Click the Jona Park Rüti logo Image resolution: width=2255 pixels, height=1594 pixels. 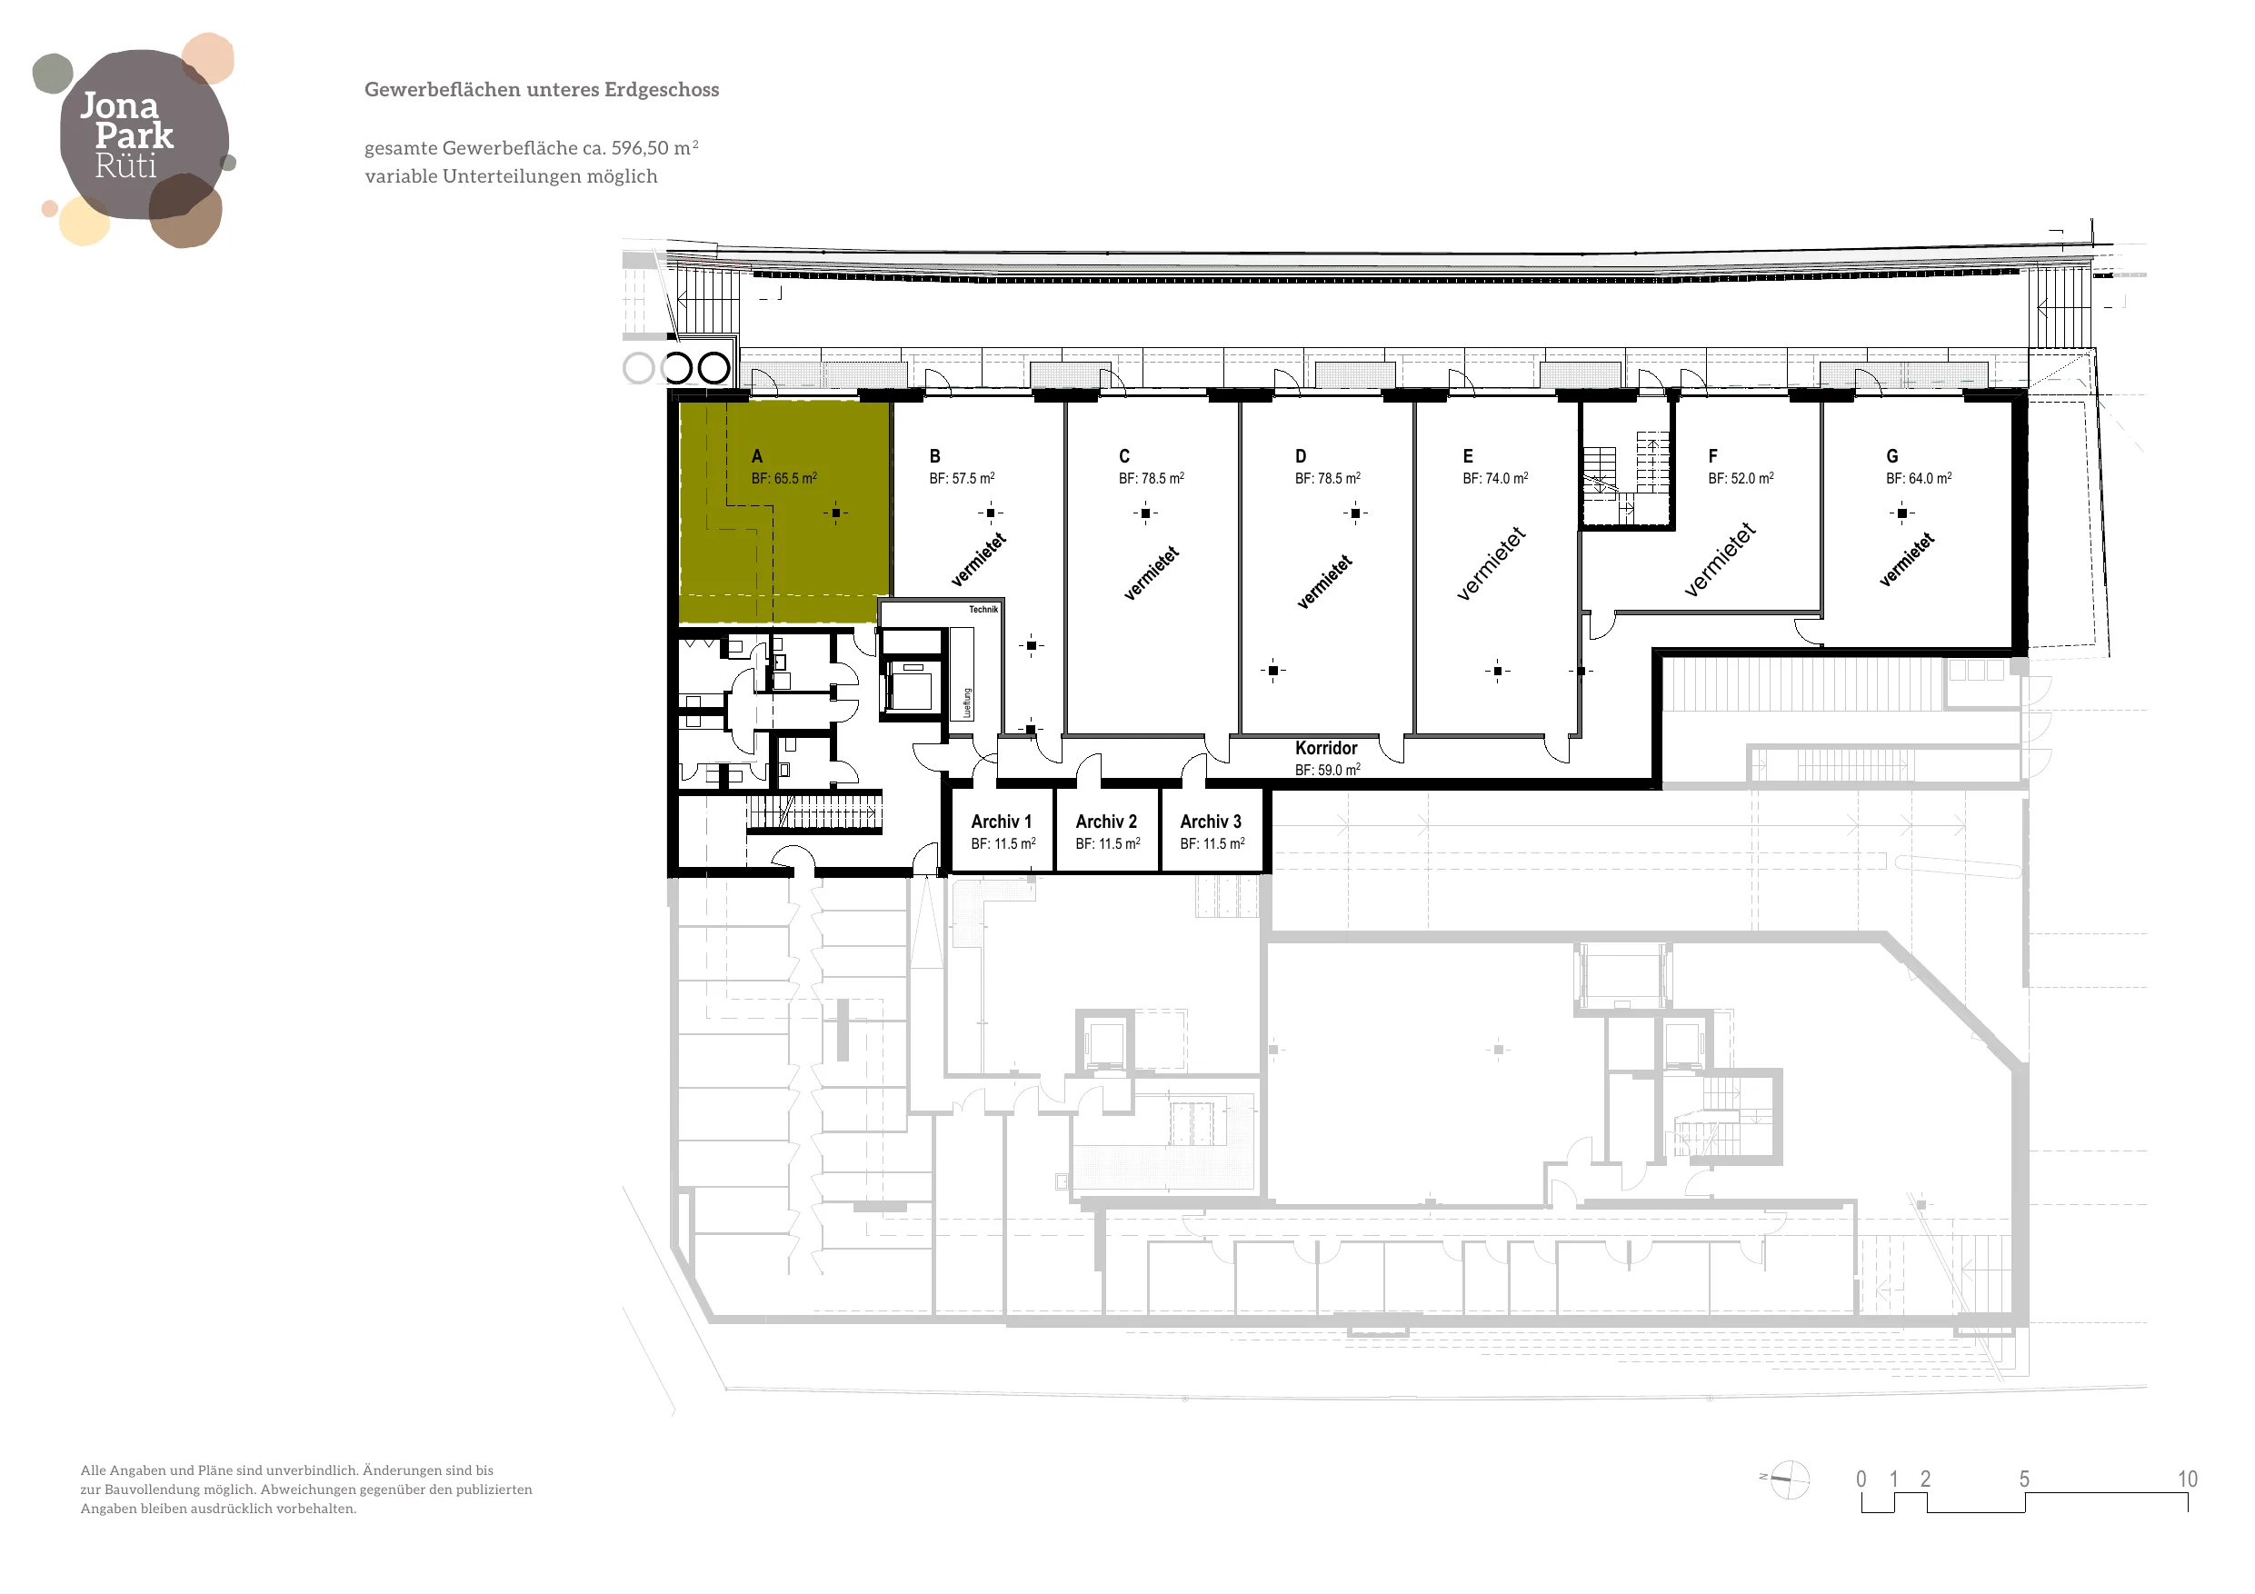tap(134, 138)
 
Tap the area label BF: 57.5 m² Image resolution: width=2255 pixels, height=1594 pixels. tap(962, 478)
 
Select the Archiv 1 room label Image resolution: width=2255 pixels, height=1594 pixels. tap(1001, 821)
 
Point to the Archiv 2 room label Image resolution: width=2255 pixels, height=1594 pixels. tap(1106, 821)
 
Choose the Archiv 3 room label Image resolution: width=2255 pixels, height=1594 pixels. tap(1210, 821)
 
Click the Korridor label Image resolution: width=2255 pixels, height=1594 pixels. tap(1326, 747)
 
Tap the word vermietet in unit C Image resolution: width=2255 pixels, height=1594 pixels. tap(1151, 573)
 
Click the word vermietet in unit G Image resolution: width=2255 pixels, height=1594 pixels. tap(1906, 560)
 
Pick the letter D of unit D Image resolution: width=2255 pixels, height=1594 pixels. tap(1301, 455)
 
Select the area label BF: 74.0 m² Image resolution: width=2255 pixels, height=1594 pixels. tap(1495, 478)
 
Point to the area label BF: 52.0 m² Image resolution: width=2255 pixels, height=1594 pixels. tap(1741, 478)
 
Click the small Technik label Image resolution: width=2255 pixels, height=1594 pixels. tap(983, 609)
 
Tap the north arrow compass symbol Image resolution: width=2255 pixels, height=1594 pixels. tap(1787, 1479)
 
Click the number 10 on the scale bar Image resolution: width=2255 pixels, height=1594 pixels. tap(2187, 1479)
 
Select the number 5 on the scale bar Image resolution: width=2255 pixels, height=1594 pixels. tap(2024, 1479)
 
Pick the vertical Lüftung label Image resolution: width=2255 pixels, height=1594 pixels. tap(967, 702)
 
